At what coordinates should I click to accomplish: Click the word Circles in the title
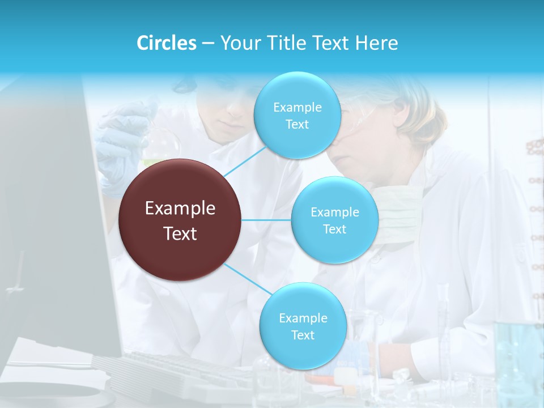click(167, 43)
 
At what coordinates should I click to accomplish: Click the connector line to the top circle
click(245, 161)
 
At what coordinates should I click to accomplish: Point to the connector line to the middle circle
click(266, 219)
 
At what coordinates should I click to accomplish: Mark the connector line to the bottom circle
click(248, 279)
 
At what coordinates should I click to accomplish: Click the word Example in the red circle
click(180, 209)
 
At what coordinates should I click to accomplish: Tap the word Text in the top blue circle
click(297, 125)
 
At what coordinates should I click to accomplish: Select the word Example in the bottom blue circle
click(303, 318)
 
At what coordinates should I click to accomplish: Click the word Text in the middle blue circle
click(334, 229)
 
